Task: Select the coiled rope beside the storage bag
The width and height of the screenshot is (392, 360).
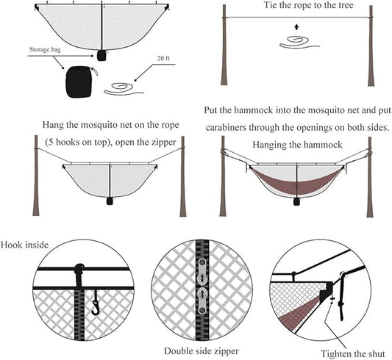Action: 126,88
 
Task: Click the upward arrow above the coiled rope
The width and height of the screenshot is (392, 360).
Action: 296,27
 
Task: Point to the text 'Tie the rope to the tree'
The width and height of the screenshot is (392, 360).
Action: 298,6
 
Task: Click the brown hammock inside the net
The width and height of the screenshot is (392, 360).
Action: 296,180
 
